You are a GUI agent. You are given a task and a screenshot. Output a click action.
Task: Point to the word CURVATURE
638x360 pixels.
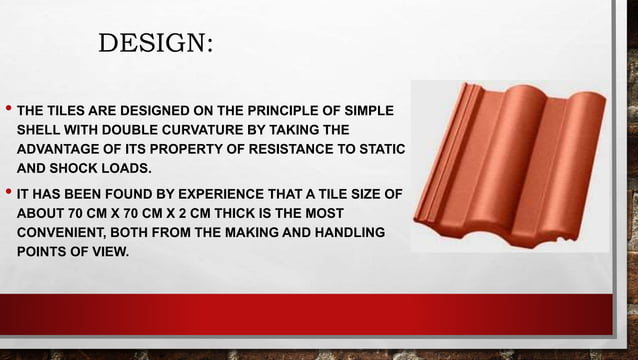tap(209, 129)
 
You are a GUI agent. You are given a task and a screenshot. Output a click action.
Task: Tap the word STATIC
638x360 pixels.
tap(379, 149)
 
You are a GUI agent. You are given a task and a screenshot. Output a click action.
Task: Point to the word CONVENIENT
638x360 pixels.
tap(65, 233)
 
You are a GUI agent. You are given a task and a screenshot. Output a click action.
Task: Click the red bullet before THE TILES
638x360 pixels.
tap(8, 108)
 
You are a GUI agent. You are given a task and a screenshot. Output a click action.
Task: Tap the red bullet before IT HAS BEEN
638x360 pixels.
tap(8, 193)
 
